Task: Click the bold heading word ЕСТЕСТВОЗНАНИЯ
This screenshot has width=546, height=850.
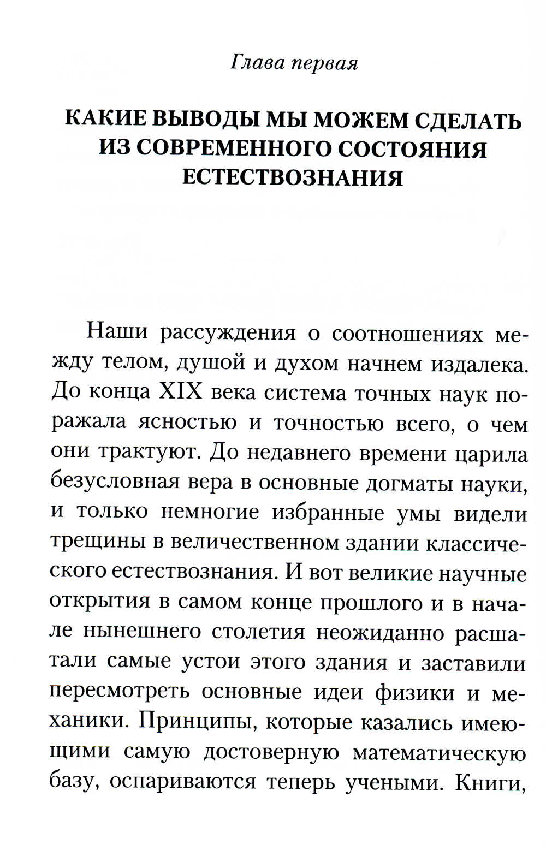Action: click(x=293, y=178)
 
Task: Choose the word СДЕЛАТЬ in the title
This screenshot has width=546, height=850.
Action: click(x=468, y=120)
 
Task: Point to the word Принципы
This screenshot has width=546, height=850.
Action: click(x=196, y=722)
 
